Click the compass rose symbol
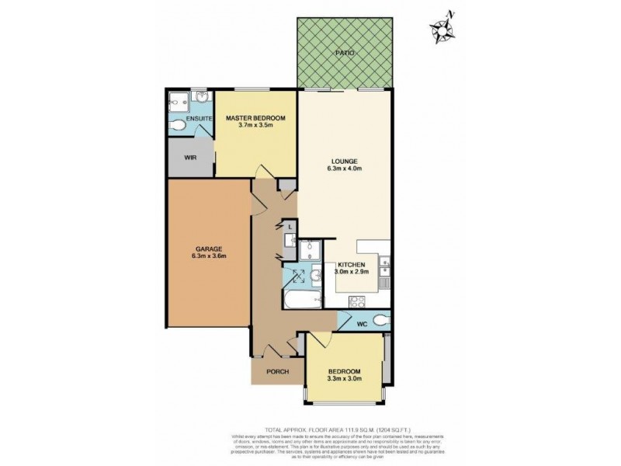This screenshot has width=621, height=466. click(442, 27)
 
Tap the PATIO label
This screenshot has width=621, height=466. click(345, 53)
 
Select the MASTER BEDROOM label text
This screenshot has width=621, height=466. click(255, 118)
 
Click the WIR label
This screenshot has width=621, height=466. click(189, 158)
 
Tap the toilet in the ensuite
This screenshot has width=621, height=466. click(178, 125)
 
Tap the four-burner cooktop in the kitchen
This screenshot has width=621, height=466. click(358, 301)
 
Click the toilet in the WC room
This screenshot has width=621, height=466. click(380, 321)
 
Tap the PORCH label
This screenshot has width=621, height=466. click(277, 372)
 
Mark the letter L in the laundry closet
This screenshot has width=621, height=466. click(290, 227)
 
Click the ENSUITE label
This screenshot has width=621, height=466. click(189, 118)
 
